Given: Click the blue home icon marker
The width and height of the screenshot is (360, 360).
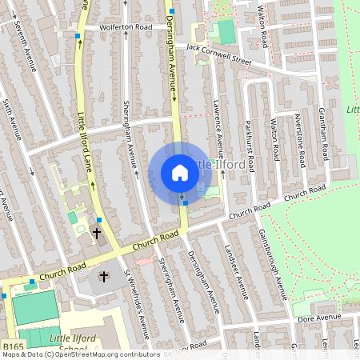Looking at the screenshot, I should point(180,173).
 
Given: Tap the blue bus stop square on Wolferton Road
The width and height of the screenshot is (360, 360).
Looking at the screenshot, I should point(77,36).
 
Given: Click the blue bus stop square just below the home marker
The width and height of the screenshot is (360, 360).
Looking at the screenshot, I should point(186,203).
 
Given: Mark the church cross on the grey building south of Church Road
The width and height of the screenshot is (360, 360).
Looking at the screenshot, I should point(103,276).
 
